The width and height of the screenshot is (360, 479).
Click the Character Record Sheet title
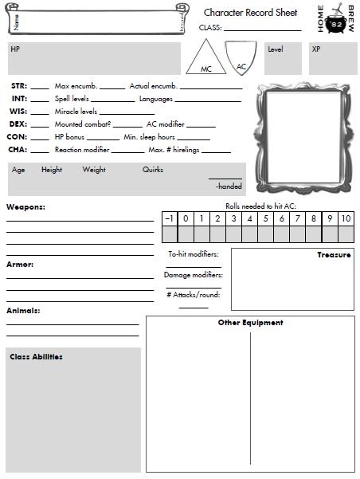[250, 13]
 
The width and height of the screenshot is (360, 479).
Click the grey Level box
[284, 58]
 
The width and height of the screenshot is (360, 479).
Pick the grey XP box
[333, 58]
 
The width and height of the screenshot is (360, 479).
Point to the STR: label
[19, 85]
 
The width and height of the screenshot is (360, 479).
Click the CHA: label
[18, 150]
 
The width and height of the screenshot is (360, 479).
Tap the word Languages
[156, 99]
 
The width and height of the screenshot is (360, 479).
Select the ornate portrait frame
[303, 135]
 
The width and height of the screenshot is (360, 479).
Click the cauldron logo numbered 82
[336, 20]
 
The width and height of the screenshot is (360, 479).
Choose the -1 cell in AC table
[168, 218]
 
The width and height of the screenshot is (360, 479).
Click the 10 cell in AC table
[346, 218]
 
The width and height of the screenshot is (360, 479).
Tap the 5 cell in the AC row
[265, 218]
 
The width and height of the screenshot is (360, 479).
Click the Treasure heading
[334, 255]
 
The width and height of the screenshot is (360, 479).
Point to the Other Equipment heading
[250, 323]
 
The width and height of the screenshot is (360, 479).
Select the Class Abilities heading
[36, 356]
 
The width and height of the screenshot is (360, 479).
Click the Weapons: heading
[25, 207]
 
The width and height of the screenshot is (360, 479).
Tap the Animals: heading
[23, 310]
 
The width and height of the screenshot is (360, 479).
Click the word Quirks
[153, 170]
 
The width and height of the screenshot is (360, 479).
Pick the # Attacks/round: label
[194, 295]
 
